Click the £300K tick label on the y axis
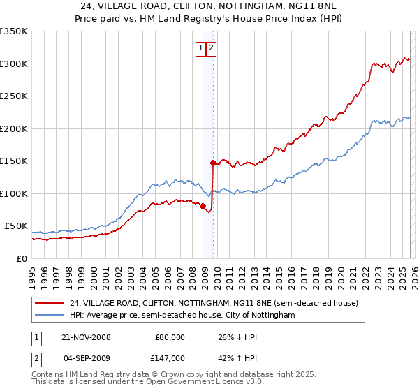(x=14, y=64)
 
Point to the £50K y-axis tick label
(x=16, y=226)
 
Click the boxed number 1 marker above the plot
(x=200, y=48)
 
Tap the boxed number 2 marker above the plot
(x=211, y=48)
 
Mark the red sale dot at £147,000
(x=213, y=163)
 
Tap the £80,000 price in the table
(x=170, y=337)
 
